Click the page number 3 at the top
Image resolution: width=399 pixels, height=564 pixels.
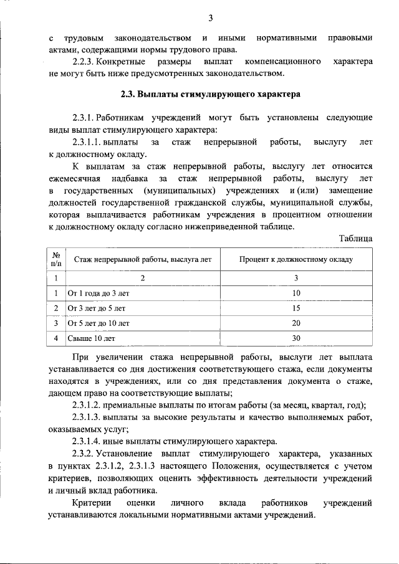(x=211, y=17)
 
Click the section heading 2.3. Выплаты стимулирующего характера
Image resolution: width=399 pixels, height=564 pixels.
(x=211, y=95)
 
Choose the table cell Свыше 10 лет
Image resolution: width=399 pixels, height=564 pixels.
(x=91, y=338)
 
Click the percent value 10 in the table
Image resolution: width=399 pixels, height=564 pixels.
(x=296, y=293)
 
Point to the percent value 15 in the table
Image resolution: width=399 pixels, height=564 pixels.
(x=296, y=308)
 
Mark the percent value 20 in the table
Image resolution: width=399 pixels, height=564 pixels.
(x=296, y=323)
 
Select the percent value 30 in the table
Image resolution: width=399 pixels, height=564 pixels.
(x=296, y=338)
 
